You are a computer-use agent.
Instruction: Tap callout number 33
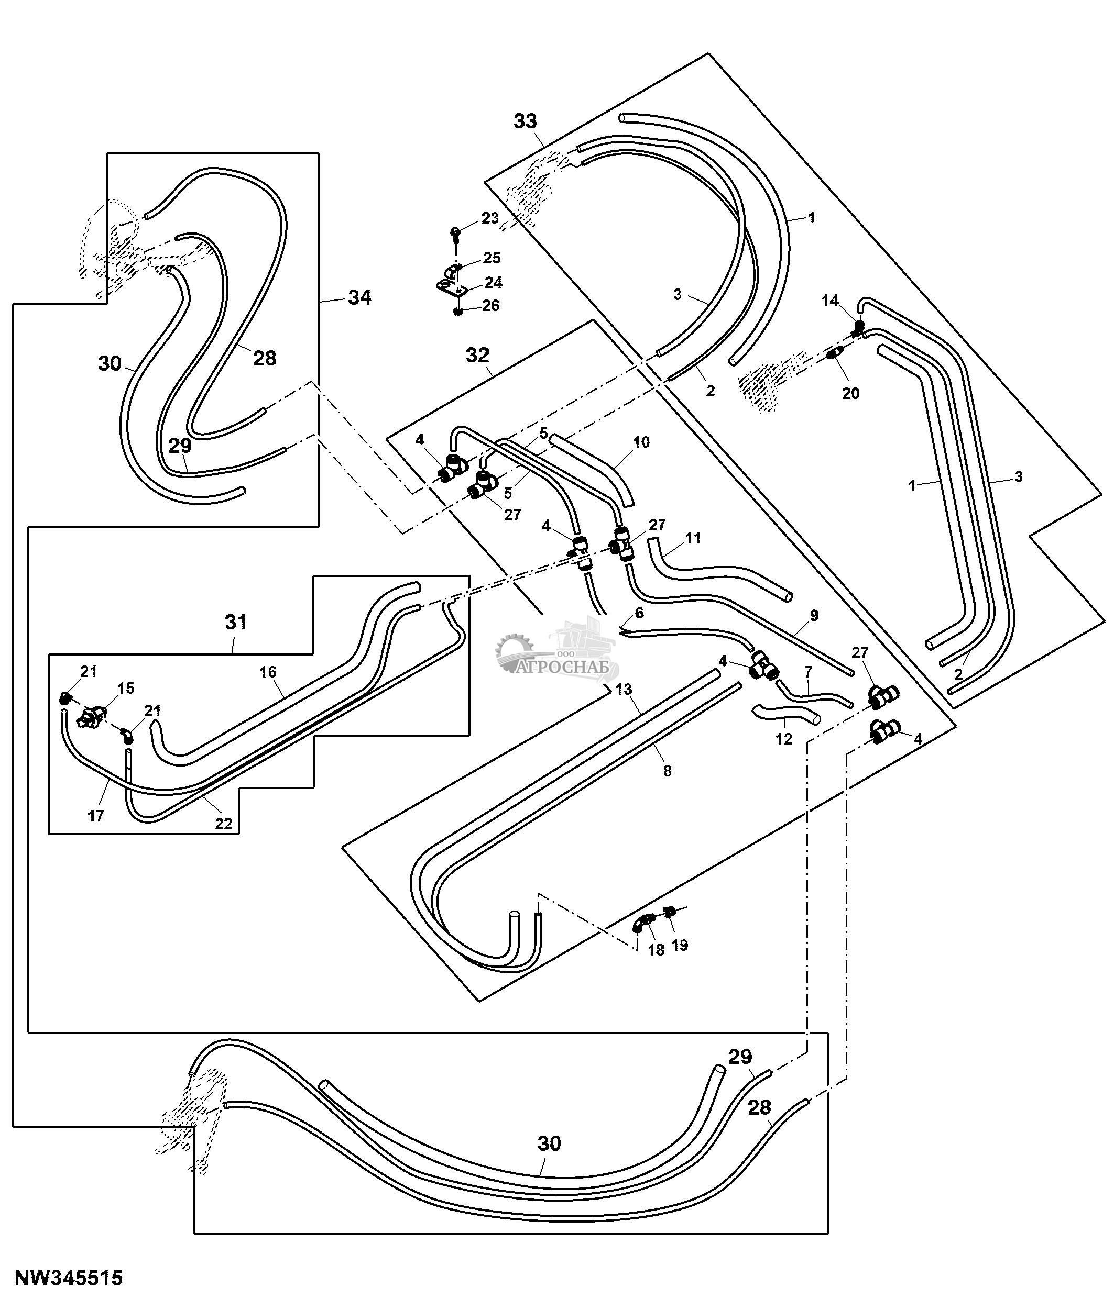tap(525, 121)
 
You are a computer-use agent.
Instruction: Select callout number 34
tap(359, 297)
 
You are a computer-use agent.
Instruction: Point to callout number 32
tap(477, 355)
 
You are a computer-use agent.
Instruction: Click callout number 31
tap(236, 622)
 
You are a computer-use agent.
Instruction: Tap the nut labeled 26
tap(458, 310)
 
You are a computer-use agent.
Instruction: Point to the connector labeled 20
tap(834, 354)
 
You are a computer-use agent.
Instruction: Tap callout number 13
tap(623, 690)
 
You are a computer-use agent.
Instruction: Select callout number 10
tap(641, 442)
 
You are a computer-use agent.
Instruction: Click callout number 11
tap(693, 538)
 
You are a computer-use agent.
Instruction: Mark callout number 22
tap(223, 824)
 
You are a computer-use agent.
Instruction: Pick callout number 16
tap(268, 672)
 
